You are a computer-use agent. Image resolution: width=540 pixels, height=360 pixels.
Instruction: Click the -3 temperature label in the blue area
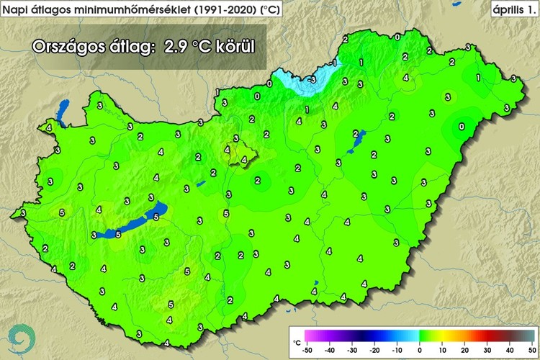(311, 79)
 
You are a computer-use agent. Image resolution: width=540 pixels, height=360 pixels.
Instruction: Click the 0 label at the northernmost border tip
(397, 36)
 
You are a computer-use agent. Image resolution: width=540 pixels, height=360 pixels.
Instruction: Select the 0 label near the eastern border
(462, 127)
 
